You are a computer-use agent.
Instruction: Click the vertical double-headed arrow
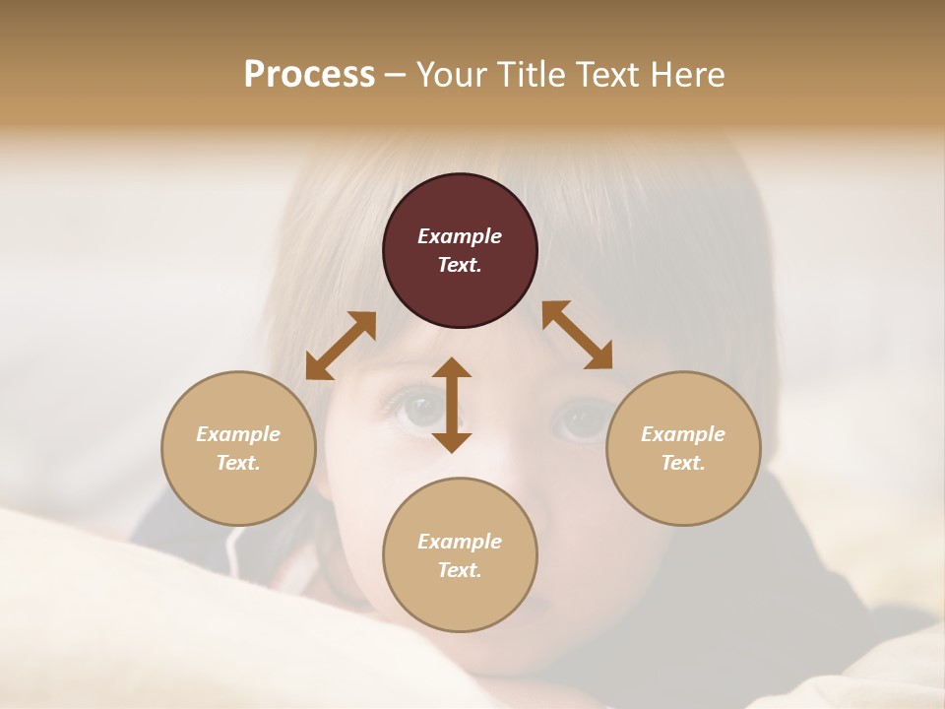pos(452,405)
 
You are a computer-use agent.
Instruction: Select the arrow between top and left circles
pos(341,346)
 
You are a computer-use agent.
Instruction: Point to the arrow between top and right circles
pos(578,335)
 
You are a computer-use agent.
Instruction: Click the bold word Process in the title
pos(309,74)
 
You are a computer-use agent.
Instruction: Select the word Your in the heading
pos(452,74)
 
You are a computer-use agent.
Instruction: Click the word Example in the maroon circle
pos(460,236)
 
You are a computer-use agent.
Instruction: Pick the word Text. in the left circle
pos(238,463)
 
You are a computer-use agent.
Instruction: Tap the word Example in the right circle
pos(683,434)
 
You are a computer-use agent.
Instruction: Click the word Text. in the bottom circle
pos(460,570)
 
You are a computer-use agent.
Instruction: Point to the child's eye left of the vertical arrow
pos(413,407)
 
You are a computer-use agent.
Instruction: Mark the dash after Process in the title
pos(396,75)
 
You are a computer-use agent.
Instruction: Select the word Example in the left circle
pos(238,434)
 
